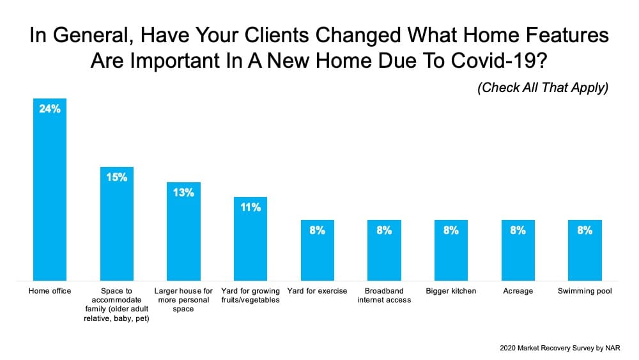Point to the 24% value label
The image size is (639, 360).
[x=50, y=109]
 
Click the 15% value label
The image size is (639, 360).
[x=117, y=177]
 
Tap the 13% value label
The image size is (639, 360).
[x=183, y=192]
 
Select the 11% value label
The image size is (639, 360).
[x=250, y=207]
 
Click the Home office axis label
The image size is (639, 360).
[x=50, y=291]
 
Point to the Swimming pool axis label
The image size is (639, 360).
[x=585, y=291]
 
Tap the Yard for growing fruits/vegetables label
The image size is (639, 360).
[x=250, y=295]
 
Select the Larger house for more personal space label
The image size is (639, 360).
[x=183, y=300]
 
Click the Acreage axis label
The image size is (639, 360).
[x=518, y=291]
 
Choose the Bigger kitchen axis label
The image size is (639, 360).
[x=451, y=291]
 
